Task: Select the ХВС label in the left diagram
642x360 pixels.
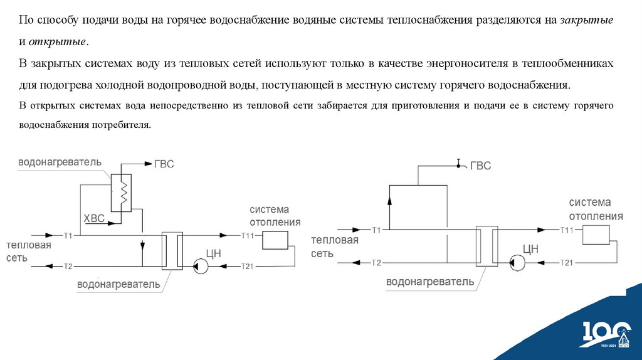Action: click(96, 218)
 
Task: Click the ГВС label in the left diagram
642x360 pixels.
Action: click(164, 164)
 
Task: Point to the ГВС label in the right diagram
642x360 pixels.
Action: click(481, 166)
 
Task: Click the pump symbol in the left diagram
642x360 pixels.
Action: click(200, 266)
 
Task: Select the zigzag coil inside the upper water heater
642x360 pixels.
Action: click(124, 189)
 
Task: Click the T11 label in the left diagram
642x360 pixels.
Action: click(248, 235)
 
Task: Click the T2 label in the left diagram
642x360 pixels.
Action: click(68, 266)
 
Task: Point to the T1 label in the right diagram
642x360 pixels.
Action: click(376, 230)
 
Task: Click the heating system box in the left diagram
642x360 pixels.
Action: click(275, 240)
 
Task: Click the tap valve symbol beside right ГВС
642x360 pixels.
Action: click(459, 164)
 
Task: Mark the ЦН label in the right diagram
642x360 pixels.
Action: click(530, 248)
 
